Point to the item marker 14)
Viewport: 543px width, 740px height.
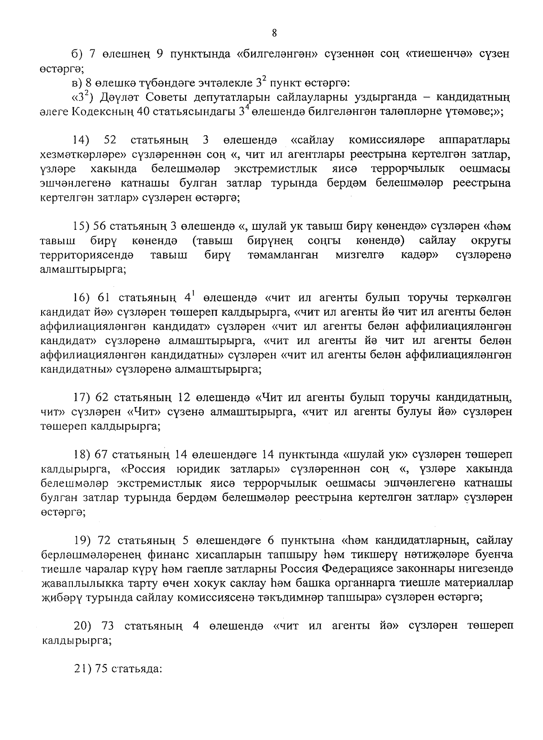click(x=82, y=140)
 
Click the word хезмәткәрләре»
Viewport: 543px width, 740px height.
click(x=83, y=155)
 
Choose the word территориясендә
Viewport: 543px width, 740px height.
click(x=86, y=255)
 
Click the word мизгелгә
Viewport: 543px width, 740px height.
click(x=360, y=255)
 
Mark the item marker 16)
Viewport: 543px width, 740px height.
click(x=82, y=298)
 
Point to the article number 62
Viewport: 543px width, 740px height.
click(x=102, y=398)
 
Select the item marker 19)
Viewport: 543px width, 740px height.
click(x=82, y=540)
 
